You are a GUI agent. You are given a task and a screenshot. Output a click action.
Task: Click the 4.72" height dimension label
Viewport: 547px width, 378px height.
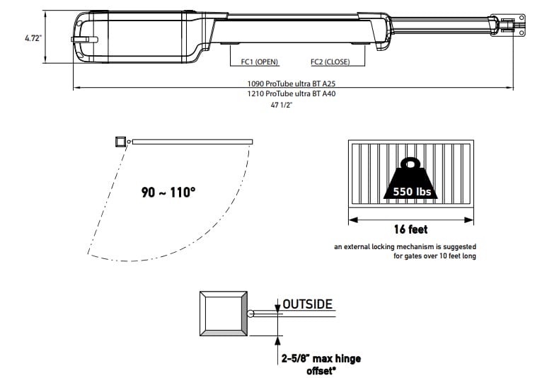(33, 38)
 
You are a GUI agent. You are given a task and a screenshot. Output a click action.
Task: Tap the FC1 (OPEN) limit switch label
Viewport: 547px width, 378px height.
(260, 62)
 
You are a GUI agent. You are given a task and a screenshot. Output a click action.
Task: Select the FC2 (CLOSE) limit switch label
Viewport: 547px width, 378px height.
(330, 62)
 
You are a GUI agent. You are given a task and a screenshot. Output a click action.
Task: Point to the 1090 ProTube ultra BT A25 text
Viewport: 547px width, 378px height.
(292, 84)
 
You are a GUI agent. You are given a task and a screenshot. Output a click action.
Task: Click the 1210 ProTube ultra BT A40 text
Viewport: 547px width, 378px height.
(292, 93)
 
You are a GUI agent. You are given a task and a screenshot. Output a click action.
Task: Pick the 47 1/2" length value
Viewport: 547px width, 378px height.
(281, 105)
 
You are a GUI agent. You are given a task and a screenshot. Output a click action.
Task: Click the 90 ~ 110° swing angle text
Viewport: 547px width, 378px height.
(168, 192)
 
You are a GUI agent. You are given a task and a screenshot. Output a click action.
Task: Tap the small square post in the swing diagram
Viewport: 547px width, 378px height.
(121, 142)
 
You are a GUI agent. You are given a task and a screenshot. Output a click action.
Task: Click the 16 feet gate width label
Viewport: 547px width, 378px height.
(410, 229)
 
